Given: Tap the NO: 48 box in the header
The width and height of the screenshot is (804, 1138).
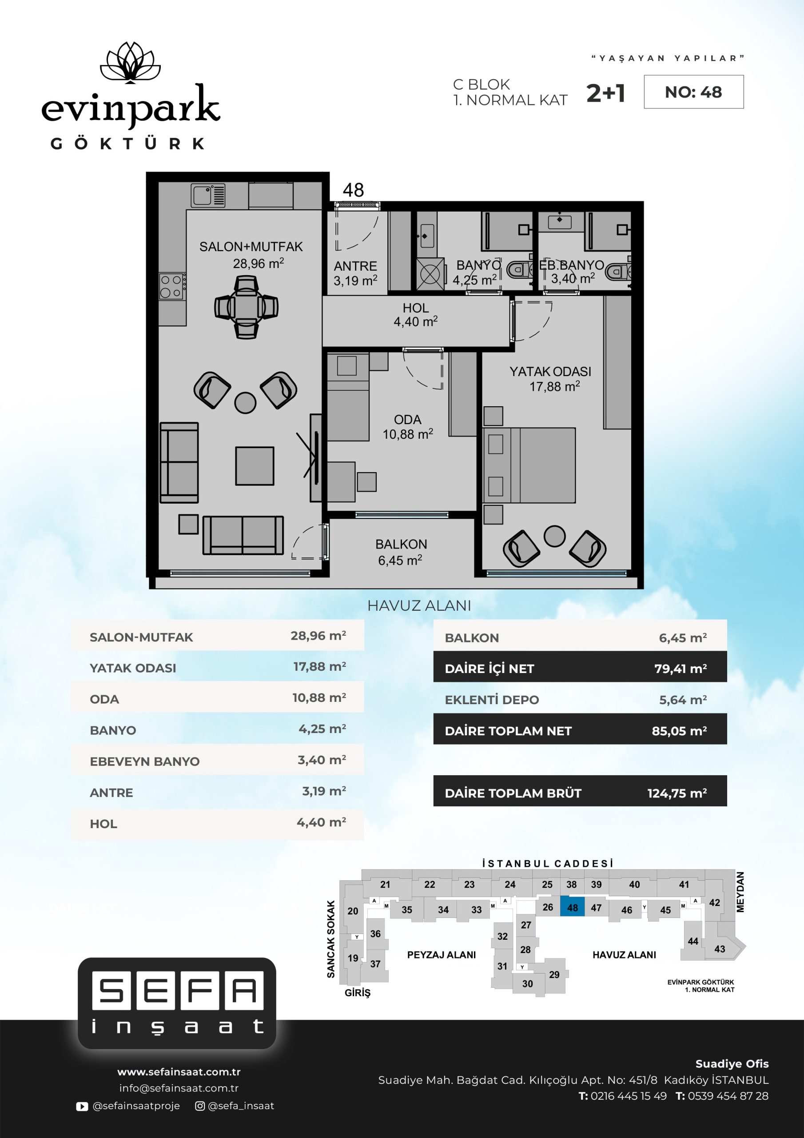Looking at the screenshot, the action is [x=693, y=92].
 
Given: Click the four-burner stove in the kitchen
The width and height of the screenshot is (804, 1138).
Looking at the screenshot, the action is [x=172, y=286].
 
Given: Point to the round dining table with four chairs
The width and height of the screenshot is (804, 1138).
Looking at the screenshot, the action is [x=246, y=307].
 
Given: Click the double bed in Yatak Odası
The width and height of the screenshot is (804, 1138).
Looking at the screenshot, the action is [x=529, y=465].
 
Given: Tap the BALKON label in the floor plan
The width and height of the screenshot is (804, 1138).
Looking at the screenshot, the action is [x=401, y=544].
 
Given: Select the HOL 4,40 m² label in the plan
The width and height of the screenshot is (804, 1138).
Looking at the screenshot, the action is [x=416, y=315].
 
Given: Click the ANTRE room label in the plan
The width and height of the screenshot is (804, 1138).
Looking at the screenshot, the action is [x=355, y=266].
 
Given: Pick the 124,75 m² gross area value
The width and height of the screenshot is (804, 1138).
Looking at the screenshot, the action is [x=677, y=793].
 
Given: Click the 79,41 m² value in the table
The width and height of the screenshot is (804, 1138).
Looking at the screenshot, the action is [x=681, y=669].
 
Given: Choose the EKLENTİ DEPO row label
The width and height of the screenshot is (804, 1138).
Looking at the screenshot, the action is [x=492, y=700].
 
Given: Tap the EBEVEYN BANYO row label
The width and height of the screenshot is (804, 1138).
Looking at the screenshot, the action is [x=145, y=761].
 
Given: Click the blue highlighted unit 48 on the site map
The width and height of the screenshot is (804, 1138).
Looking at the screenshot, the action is [x=572, y=907].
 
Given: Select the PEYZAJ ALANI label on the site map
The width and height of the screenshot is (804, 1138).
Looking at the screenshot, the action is [x=442, y=954].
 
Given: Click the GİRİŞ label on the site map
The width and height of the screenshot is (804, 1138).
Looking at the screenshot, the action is [x=358, y=993].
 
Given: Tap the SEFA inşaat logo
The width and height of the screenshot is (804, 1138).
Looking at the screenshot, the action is [x=177, y=1003].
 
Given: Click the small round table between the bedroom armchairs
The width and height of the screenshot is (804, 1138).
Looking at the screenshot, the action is [x=554, y=536].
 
